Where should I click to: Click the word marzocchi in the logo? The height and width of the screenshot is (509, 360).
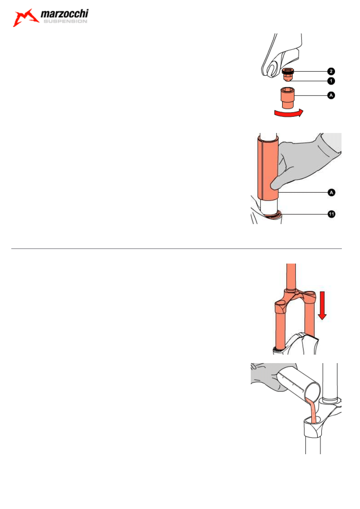pyautogui.click(x=65, y=14)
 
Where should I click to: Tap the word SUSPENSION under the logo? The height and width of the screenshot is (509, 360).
pyautogui.click(x=65, y=21)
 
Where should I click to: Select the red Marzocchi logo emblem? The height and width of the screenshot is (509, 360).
pyautogui.click(x=25, y=18)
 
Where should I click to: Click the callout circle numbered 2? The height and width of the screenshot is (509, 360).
pyautogui.click(x=331, y=71)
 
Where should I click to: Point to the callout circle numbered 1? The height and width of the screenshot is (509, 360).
pyautogui.click(x=331, y=81)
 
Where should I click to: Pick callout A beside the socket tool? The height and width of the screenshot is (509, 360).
pyautogui.click(x=331, y=95)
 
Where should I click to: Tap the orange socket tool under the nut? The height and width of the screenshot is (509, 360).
pyautogui.click(x=288, y=98)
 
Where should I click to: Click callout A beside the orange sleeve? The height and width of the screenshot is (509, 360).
pyautogui.click(x=332, y=193)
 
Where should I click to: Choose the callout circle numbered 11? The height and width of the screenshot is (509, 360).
pyautogui.click(x=332, y=214)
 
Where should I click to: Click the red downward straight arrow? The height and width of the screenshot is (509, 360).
pyautogui.click(x=322, y=305)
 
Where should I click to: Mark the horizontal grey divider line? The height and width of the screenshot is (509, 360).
pyautogui.click(x=176, y=249)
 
